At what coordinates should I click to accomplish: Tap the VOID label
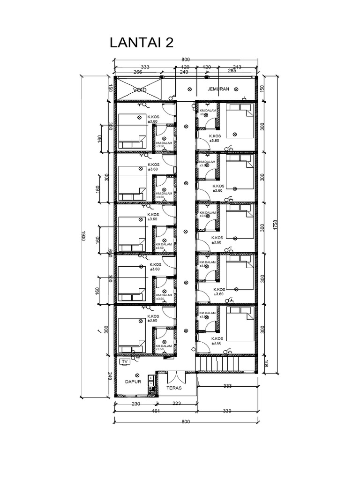click(140, 90)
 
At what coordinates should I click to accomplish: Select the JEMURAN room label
click(217, 89)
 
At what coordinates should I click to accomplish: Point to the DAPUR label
click(133, 382)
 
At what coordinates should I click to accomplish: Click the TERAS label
click(173, 388)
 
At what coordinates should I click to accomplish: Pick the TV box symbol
click(125, 362)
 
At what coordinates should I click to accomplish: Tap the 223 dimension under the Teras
click(177, 403)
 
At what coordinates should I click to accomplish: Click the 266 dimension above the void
click(138, 72)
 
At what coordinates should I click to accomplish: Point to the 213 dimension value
click(237, 67)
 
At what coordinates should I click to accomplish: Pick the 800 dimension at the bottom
click(186, 421)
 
